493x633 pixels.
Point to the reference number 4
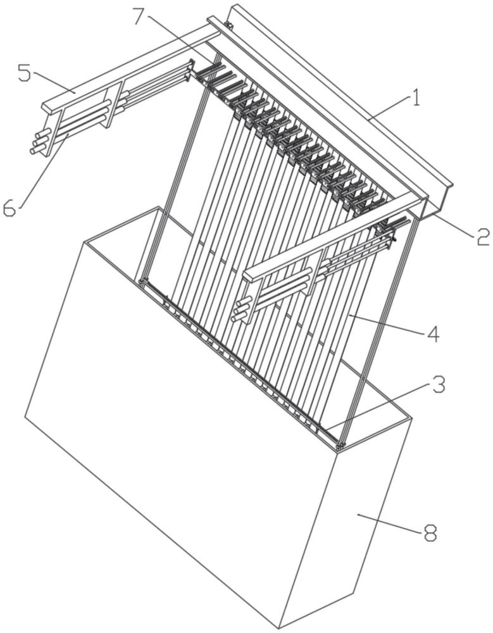coord(434,334)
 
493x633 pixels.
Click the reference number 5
coord(24,73)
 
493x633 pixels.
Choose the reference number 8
coord(430,534)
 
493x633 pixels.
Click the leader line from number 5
coord(54,84)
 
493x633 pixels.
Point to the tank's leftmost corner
coord(25,417)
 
